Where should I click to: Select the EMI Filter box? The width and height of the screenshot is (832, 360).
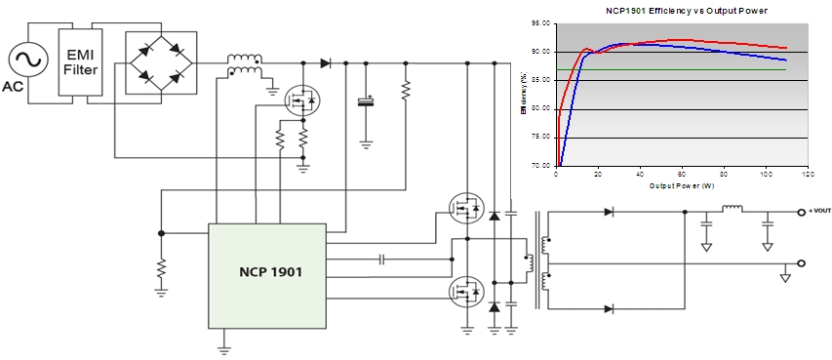79,60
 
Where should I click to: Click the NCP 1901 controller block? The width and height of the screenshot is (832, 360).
266,275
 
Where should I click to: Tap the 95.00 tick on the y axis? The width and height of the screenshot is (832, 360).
540,23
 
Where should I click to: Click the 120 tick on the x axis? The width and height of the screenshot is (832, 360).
807,174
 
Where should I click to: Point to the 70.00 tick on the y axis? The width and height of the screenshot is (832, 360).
540,166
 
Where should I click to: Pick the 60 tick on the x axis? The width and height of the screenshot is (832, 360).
681,174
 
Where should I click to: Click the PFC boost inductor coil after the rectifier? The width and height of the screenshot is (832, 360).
244,61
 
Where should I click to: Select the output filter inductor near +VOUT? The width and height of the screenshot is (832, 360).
732,208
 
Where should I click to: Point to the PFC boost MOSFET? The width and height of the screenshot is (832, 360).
298,99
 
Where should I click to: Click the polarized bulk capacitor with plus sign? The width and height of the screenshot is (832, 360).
366,100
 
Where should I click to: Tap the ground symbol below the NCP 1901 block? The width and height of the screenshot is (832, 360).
223,345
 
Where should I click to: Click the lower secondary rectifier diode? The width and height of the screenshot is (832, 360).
609,308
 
